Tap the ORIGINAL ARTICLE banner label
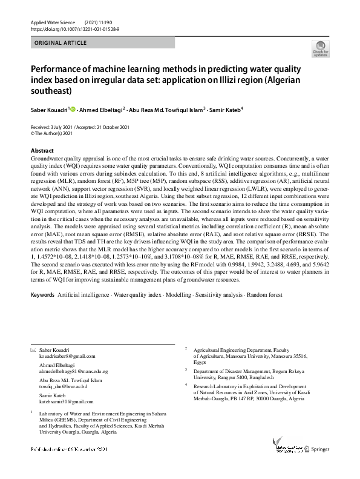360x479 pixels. click(61, 43)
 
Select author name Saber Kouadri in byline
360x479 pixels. click(50, 110)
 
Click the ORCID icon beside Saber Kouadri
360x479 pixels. click(73, 110)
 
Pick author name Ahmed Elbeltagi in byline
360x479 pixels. click(102, 110)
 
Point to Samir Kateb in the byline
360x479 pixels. click(226, 110)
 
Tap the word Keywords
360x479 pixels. click(42, 294)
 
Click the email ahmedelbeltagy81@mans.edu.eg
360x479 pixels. click(73, 371)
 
